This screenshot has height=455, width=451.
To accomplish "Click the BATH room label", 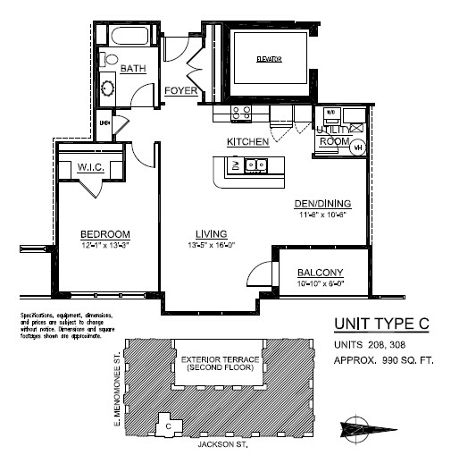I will click(x=134, y=69).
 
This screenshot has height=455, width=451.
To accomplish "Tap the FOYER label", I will click(x=181, y=91).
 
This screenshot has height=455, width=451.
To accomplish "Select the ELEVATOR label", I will click(x=269, y=59).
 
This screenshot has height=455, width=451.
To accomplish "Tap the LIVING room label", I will click(x=211, y=234).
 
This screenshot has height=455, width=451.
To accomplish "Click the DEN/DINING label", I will click(x=323, y=203).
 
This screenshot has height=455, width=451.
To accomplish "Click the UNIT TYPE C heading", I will click(x=381, y=324).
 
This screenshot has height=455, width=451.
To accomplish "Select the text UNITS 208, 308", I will click(x=369, y=345).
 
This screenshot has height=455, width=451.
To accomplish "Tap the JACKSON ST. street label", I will click(x=221, y=443).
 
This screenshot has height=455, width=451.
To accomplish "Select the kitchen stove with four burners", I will click(x=241, y=113).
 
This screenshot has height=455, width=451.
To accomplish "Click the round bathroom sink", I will click(x=108, y=88).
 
